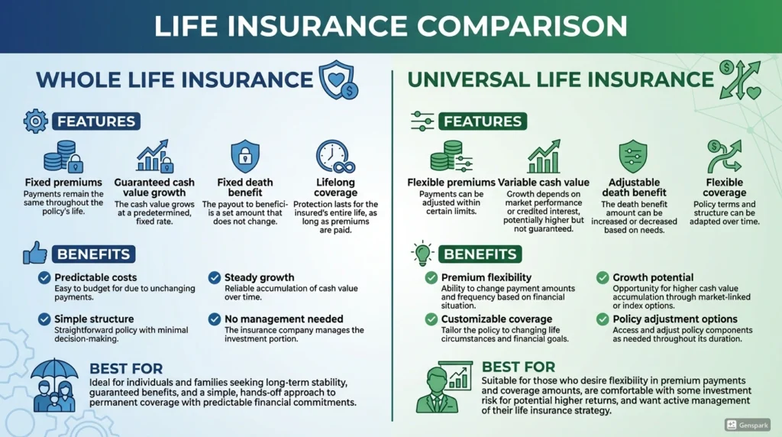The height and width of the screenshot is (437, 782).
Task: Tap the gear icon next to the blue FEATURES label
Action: click(35, 121)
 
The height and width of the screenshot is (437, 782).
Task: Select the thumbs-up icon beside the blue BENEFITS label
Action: click(35, 253)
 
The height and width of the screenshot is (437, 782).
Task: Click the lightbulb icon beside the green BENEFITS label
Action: click(422, 254)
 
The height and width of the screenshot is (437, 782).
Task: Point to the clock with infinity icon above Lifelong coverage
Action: click(335, 157)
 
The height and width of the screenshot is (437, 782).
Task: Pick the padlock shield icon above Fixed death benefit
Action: click(245, 156)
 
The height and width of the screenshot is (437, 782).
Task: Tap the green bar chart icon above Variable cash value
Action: click(544, 157)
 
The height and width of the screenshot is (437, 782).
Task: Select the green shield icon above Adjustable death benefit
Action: click(632, 156)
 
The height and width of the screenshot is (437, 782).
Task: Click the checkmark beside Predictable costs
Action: click(44, 278)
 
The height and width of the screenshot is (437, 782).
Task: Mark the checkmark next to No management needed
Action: click(215, 319)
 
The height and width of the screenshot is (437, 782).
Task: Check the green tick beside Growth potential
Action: click(603, 278)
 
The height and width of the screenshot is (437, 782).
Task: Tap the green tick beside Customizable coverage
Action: click(431, 319)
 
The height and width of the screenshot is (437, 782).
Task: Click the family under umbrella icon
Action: click(53, 386)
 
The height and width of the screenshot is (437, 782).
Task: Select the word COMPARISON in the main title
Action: click(522, 26)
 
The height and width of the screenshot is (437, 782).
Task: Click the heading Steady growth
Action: click(260, 277)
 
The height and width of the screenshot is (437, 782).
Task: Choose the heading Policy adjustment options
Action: click(674, 319)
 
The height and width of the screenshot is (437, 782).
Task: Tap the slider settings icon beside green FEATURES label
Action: click(422, 121)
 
